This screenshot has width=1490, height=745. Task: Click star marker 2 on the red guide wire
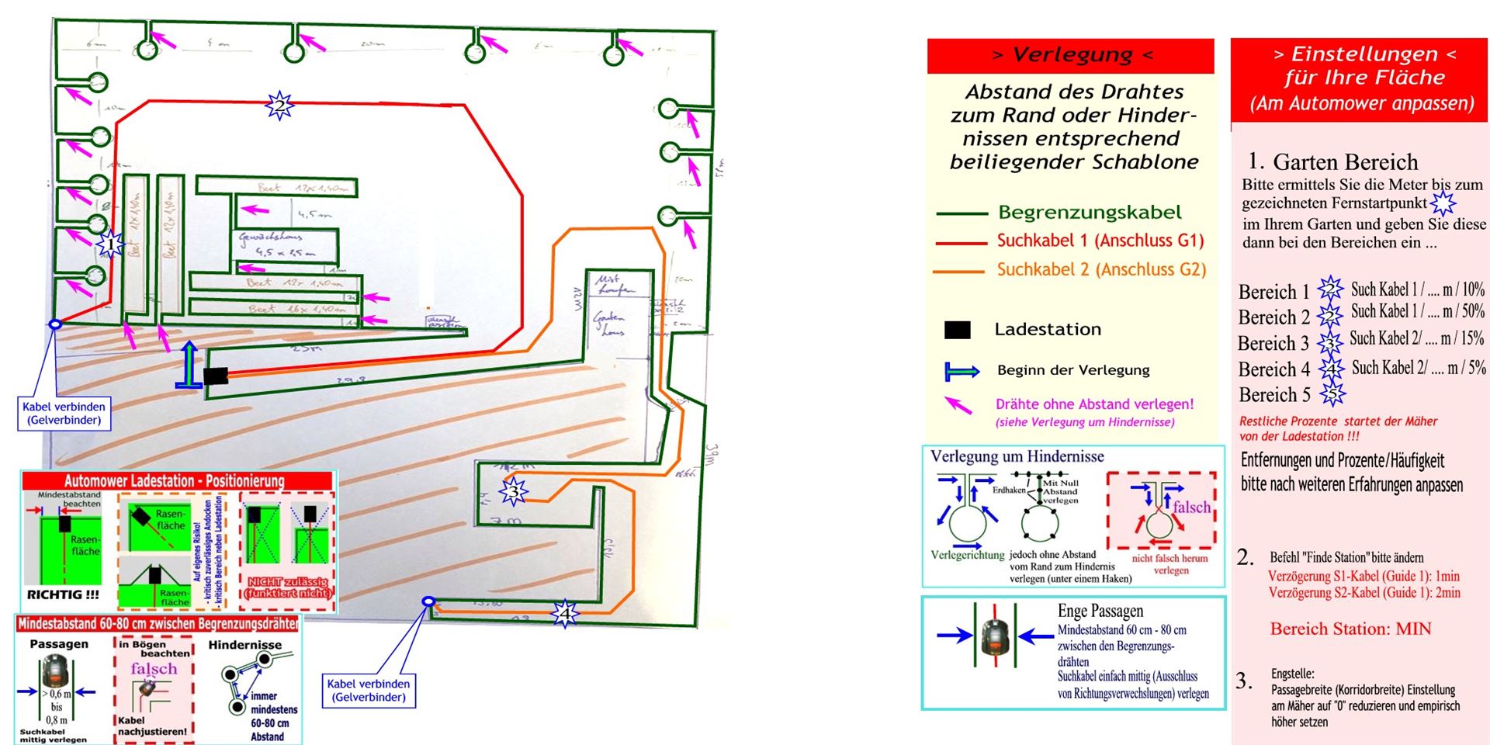tap(279, 104)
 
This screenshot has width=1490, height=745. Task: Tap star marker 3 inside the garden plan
tap(513, 490)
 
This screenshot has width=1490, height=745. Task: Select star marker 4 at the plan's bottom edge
tap(565, 613)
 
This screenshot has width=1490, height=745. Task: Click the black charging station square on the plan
tap(216, 376)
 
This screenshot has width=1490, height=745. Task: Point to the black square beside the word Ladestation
tap(957, 330)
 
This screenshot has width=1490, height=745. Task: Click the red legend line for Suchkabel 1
tap(960, 243)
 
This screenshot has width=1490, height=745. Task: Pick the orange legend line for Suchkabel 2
tap(960, 272)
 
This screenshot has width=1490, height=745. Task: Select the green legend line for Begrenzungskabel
tap(960, 213)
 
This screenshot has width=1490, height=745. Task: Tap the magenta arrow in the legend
tap(958, 404)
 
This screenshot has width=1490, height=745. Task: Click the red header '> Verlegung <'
tap(1071, 55)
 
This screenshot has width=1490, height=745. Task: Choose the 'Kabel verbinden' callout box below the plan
tap(369, 690)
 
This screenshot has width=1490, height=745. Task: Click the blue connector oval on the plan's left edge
tap(55, 324)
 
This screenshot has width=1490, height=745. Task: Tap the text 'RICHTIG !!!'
tap(64, 594)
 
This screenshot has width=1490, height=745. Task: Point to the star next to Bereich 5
tap(1332, 394)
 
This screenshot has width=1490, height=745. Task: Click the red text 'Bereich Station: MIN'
tap(1350, 629)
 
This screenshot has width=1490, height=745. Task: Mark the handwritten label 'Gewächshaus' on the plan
tap(270, 237)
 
